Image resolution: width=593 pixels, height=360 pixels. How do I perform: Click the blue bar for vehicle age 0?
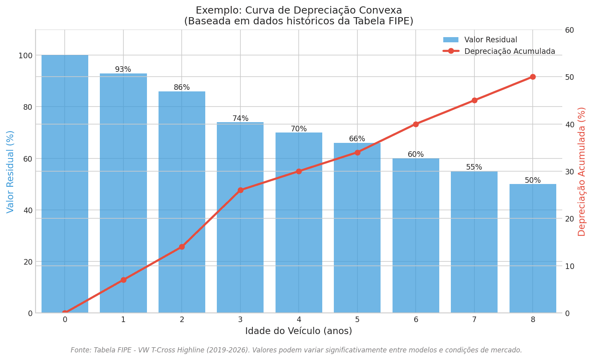coord(65,184)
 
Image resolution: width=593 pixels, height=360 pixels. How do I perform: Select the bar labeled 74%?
coord(240,218)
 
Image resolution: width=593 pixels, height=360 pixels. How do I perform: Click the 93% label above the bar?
coord(123,69)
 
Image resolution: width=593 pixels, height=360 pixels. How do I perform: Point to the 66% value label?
coord(357,139)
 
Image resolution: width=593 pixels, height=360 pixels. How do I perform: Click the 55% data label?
coord(474,167)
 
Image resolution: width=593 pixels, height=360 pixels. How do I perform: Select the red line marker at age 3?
coord(240,190)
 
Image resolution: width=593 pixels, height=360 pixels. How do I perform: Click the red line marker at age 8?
coord(533,77)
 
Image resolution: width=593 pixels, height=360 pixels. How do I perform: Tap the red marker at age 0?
coord(65,313)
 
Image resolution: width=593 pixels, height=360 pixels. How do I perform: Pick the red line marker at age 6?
coord(416,124)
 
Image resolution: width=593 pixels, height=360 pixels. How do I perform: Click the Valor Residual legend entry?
coord(490,40)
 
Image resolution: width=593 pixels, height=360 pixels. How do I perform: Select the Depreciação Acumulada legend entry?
coord(509,51)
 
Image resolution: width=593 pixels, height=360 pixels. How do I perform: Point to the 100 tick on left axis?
coord(25,55)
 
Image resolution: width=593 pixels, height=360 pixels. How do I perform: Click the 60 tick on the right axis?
coord(569,30)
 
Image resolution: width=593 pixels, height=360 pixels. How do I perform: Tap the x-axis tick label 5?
coord(357,320)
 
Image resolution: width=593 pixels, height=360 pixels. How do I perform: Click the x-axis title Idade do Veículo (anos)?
coord(298,331)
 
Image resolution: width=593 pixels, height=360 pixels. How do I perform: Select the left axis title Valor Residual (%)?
coord(10,172)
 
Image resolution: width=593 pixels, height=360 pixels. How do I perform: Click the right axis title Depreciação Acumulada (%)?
coord(582,172)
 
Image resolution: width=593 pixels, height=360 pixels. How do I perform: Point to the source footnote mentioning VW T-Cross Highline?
coord(296,350)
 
